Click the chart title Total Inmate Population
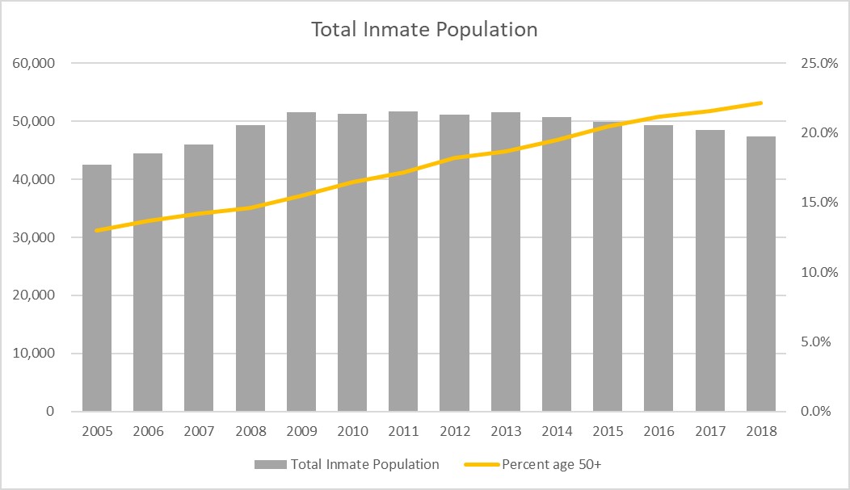424,30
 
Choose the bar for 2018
761,274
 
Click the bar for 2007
199,278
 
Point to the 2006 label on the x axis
148,431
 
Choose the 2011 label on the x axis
403,431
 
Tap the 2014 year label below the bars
557,431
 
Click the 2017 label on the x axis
710,431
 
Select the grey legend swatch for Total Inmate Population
271,465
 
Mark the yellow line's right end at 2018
762,103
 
